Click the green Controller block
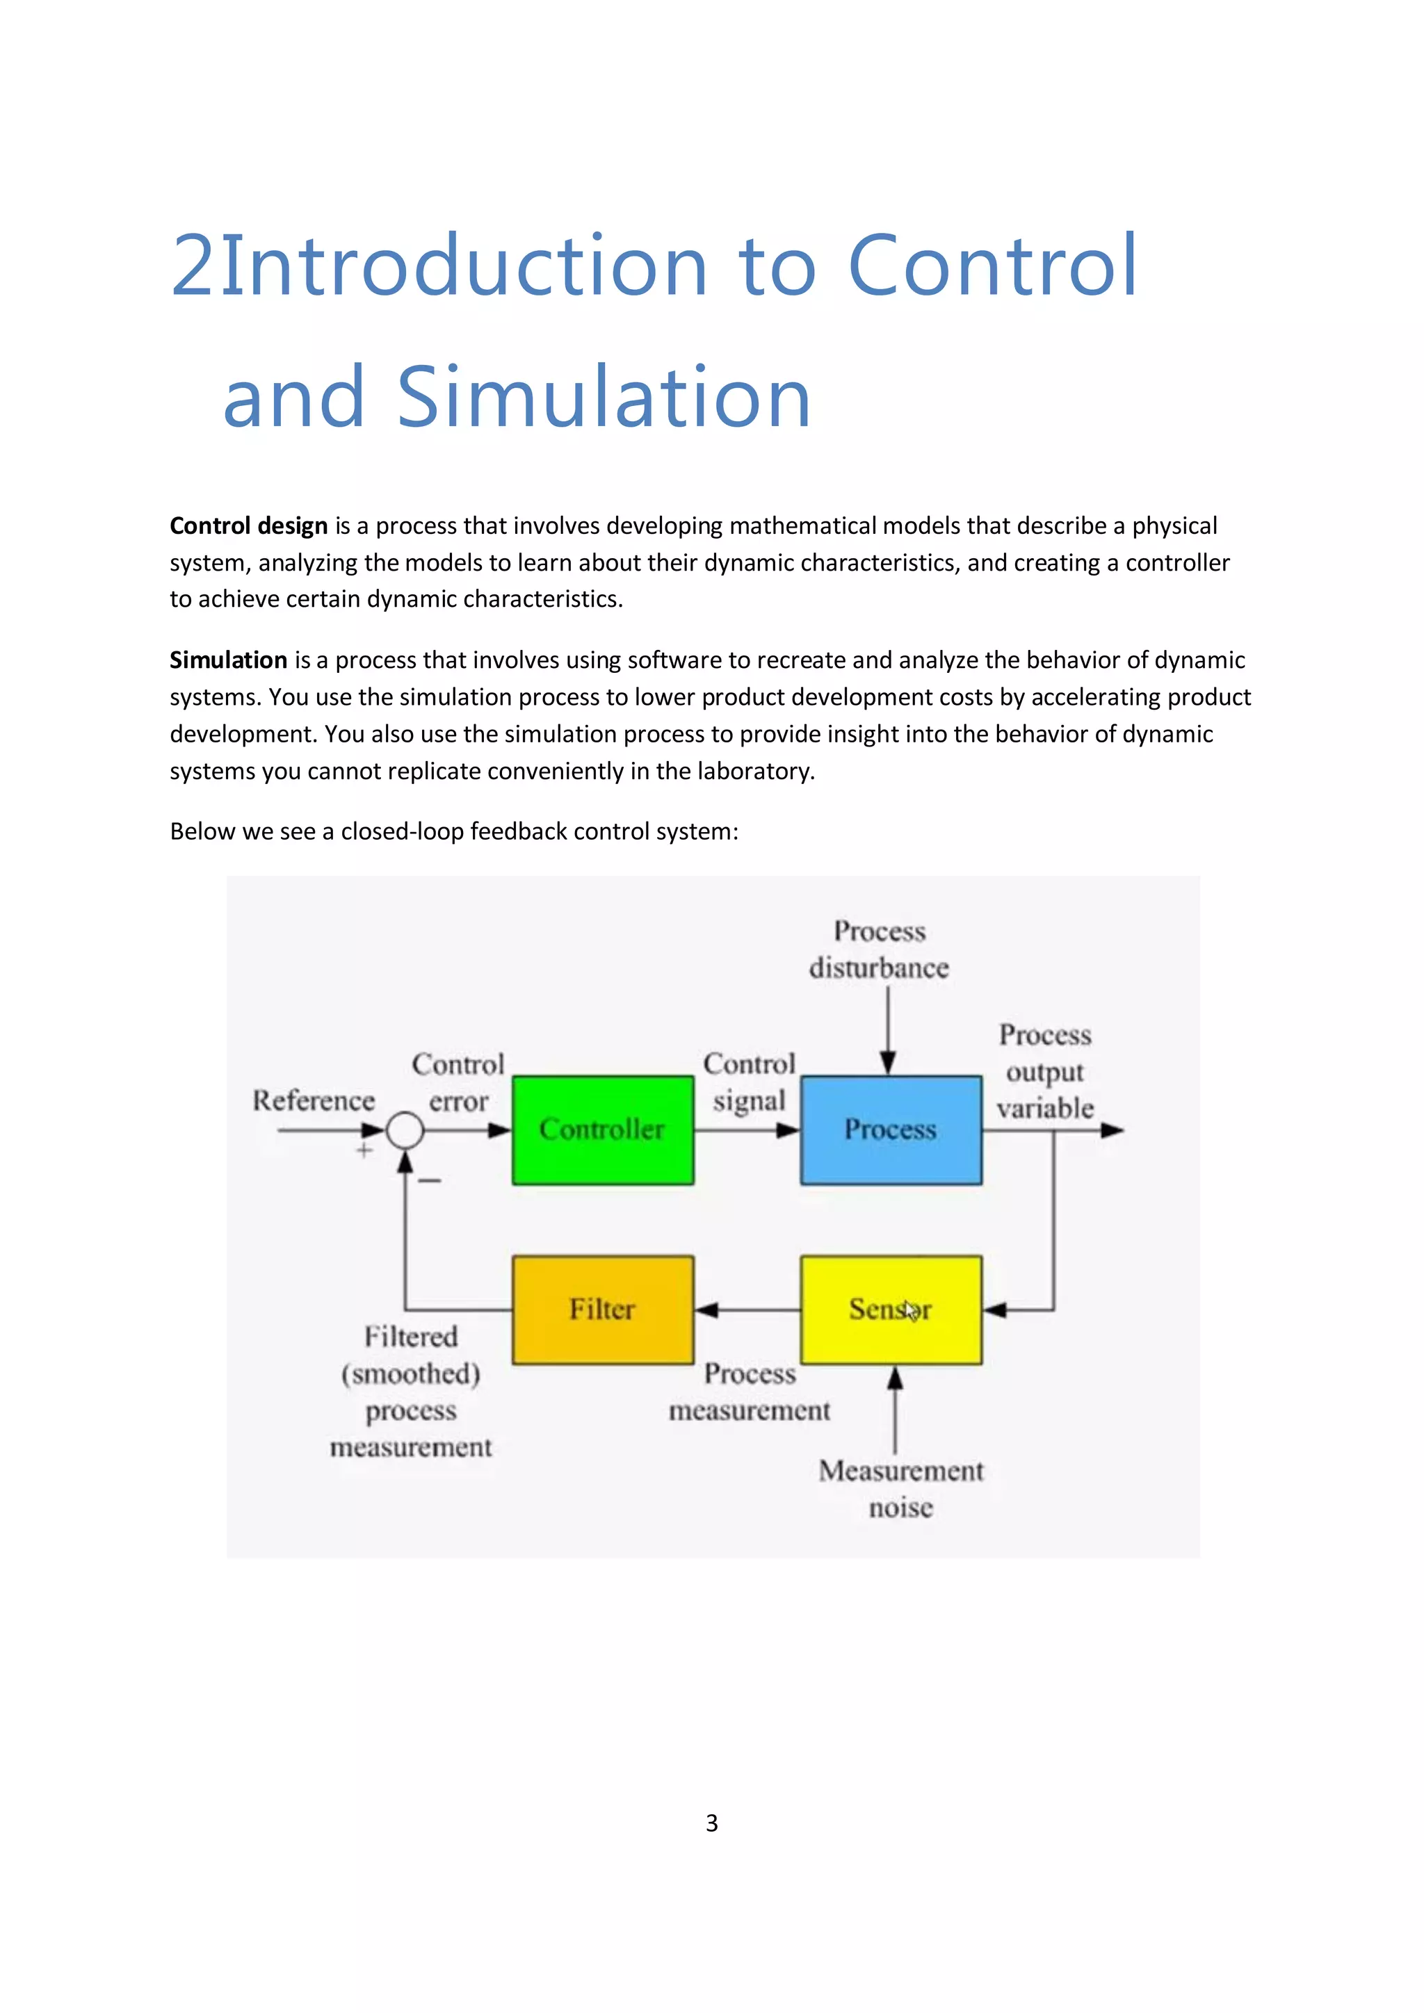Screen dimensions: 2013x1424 (602, 1130)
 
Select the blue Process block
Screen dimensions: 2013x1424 (890, 1130)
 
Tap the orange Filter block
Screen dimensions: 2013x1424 (602, 1309)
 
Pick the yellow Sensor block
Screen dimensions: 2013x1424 (890, 1309)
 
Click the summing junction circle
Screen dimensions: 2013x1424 (405, 1130)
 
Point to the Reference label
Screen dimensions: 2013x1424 (313, 1100)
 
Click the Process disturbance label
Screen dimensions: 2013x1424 (879, 950)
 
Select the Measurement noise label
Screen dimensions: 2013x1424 (900, 1489)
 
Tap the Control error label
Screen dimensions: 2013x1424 (458, 1083)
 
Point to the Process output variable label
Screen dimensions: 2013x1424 (1044, 1071)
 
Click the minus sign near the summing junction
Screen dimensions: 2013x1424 (430, 1181)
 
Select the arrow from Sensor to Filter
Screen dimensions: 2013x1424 (747, 1310)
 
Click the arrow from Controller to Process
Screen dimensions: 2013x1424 (747, 1130)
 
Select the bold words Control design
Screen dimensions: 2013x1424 (248, 526)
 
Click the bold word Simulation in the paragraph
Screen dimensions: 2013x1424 (228, 660)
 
